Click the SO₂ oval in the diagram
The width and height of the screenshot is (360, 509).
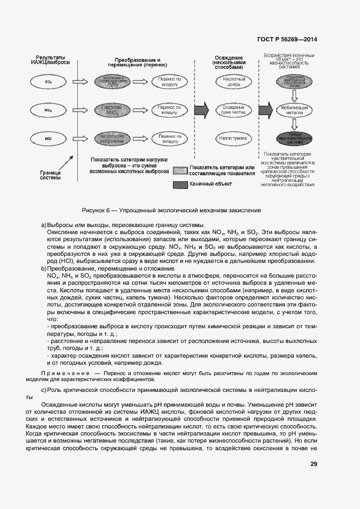click(x=48, y=82)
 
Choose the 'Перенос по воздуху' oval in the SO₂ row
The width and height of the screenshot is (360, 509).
click(x=170, y=82)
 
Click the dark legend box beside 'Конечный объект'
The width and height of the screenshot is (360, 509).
click(x=180, y=185)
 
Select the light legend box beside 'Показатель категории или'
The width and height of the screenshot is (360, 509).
click(x=180, y=170)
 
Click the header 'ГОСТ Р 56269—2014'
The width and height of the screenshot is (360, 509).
click(x=288, y=40)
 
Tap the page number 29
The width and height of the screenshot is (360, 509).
click(x=314, y=464)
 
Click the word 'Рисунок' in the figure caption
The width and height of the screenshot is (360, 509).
click(x=94, y=210)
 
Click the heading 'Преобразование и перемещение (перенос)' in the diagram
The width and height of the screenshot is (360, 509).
click(x=138, y=63)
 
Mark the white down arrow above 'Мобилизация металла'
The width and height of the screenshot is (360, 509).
click(x=294, y=96)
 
